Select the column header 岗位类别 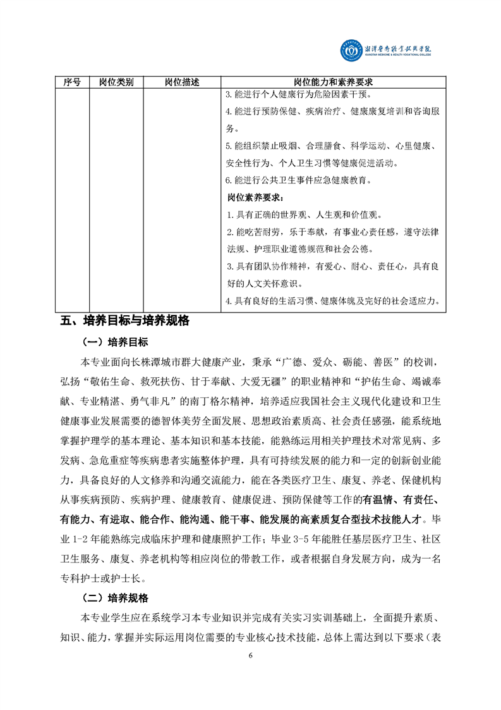(116, 82)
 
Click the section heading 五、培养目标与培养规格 (125, 320)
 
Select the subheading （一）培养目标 (115, 343)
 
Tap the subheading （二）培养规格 (115, 598)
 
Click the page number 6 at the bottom (251, 655)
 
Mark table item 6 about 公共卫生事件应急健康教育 (298, 180)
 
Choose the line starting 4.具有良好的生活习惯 (333, 301)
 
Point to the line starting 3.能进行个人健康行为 (303, 95)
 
